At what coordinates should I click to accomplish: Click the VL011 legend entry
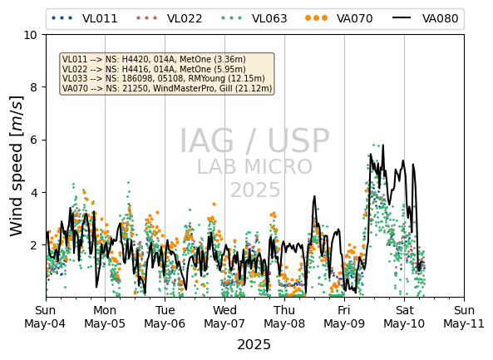[x=84, y=18]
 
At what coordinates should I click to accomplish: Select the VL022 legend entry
[x=169, y=18]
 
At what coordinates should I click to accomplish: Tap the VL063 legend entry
[x=254, y=18]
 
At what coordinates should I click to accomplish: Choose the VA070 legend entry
[x=339, y=18]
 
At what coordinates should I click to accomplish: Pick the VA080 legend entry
[x=425, y=18]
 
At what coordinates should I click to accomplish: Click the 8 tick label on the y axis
[x=33, y=87]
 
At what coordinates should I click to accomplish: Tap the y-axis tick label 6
[x=33, y=140]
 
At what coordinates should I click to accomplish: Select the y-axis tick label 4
[x=33, y=192]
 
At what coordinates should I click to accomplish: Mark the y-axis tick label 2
[x=33, y=245]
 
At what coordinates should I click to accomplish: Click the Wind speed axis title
[x=17, y=166]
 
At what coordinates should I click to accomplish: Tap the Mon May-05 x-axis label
[x=105, y=317]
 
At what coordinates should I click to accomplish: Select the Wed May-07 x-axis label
[x=224, y=317]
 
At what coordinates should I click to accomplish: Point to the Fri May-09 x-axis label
[x=344, y=317]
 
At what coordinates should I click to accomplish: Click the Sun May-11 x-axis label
[x=464, y=317]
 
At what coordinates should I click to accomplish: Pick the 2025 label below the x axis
[x=254, y=345]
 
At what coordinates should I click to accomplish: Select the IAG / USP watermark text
[x=254, y=141]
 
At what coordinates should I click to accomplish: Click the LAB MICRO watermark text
[x=254, y=166]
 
